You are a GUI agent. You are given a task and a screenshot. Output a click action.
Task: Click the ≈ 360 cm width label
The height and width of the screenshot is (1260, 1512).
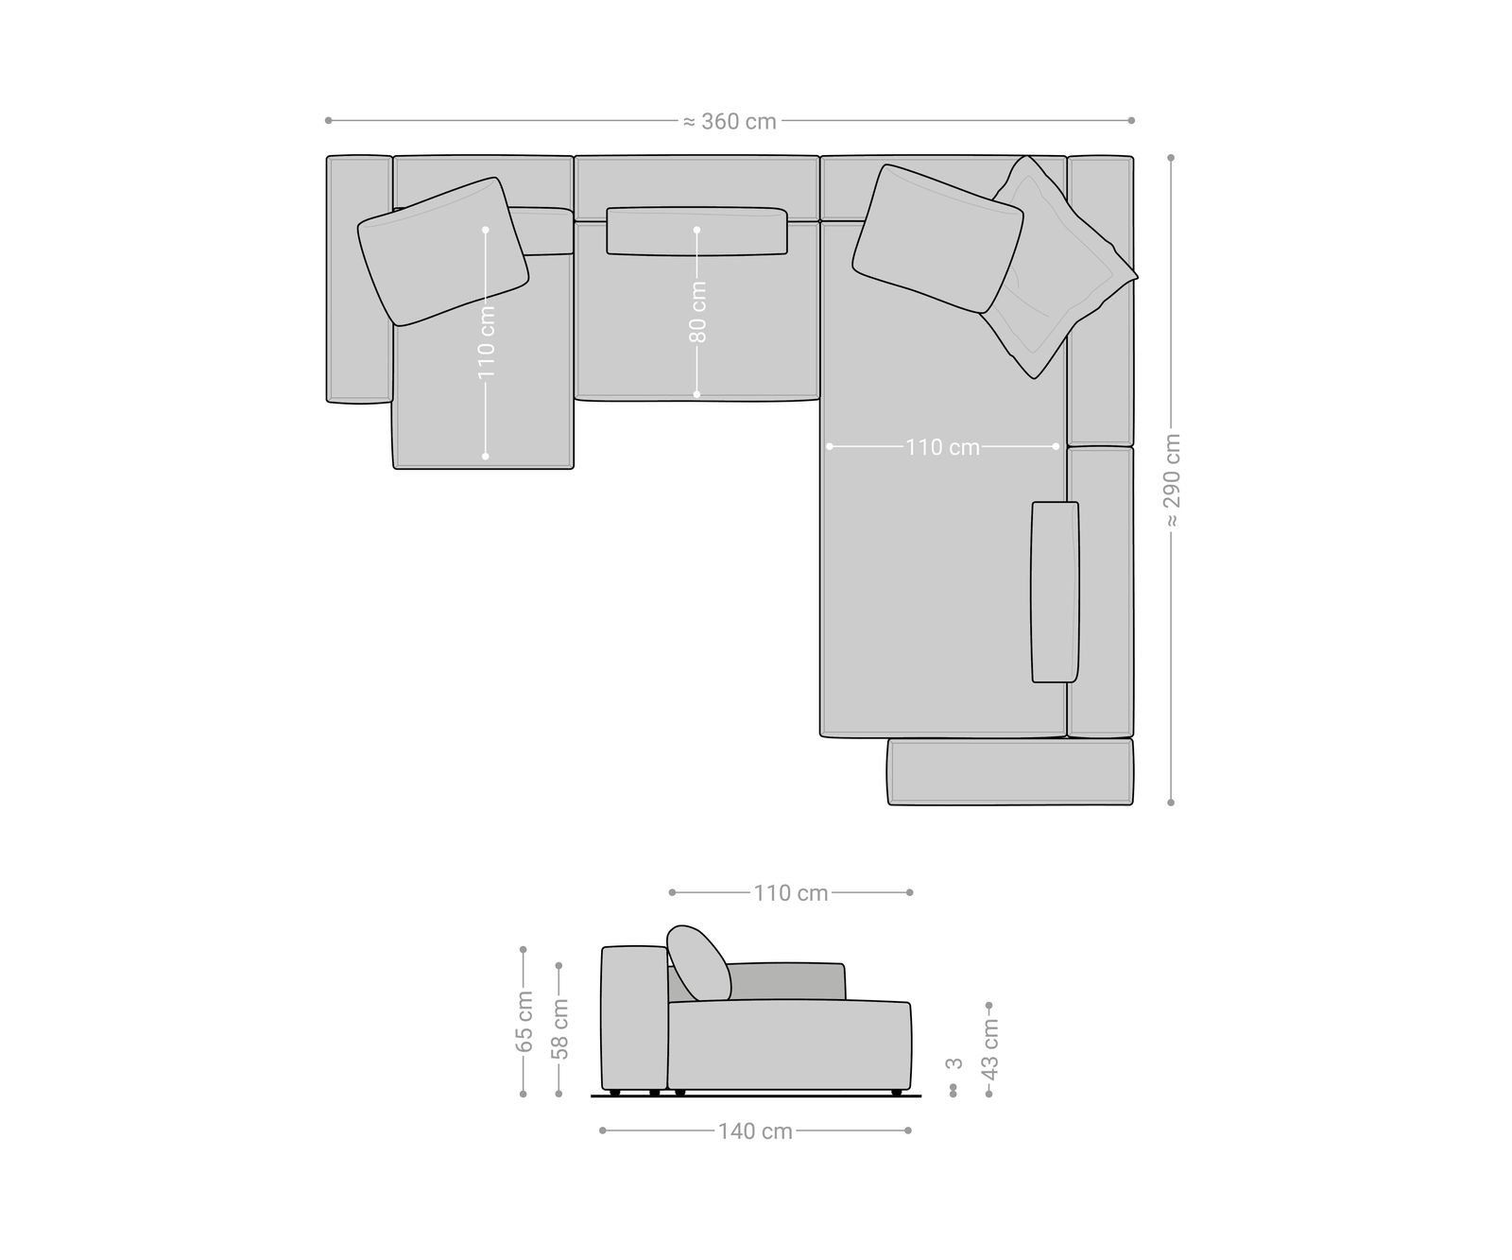(x=730, y=122)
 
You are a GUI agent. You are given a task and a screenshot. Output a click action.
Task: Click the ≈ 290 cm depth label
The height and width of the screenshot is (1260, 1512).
(x=1172, y=480)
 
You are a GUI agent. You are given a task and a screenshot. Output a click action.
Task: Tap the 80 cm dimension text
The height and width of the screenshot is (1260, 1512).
(x=697, y=311)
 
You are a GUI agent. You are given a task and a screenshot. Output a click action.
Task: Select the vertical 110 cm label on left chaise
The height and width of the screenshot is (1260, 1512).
(x=486, y=341)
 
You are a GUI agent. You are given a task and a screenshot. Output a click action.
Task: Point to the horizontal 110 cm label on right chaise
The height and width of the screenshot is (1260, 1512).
(x=942, y=447)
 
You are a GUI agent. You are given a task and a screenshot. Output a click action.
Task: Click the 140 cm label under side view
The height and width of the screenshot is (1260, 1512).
(x=755, y=1131)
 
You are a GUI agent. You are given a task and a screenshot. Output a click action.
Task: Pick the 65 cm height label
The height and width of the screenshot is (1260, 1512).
(x=524, y=1022)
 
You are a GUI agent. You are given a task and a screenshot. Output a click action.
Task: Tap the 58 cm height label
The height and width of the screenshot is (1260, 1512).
(x=559, y=1028)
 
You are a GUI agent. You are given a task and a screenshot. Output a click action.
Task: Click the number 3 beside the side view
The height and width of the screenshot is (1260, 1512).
(x=954, y=1063)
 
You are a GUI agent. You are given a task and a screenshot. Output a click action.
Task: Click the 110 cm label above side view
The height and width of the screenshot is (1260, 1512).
(x=791, y=893)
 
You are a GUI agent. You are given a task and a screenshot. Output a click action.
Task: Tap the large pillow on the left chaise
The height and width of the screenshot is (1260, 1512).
(x=442, y=251)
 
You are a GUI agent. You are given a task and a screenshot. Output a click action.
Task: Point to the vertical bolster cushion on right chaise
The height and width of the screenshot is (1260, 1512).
(x=1055, y=592)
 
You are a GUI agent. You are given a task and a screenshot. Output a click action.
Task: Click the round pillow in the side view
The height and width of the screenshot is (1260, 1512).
(x=698, y=962)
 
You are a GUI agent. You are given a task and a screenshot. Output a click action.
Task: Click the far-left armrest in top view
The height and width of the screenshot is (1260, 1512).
(x=359, y=279)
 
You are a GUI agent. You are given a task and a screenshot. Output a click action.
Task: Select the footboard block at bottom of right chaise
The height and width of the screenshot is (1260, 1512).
(x=1009, y=772)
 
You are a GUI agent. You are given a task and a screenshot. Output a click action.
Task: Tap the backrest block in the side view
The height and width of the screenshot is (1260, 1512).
(x=634, y=1019)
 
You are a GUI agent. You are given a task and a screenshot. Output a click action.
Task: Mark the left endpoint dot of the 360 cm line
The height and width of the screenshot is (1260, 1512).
(x=328, y=120)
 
